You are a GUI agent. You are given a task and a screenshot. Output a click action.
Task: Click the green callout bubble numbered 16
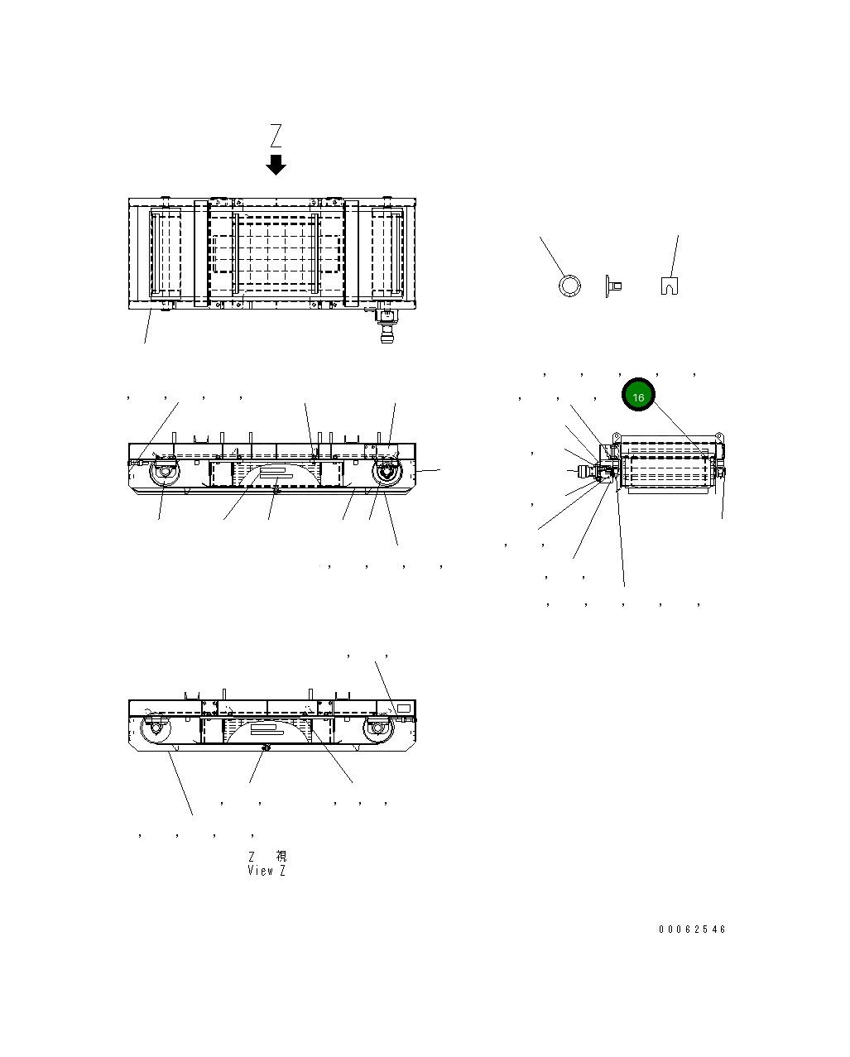coord(638,397)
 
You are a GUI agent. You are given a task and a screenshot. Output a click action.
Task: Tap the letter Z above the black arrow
coord(276,135)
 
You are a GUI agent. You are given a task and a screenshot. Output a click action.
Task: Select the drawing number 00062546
coord(692,930)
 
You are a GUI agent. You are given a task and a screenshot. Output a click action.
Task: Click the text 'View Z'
coord(267,871)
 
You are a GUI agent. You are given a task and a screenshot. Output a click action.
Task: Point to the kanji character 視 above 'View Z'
coord(281,857)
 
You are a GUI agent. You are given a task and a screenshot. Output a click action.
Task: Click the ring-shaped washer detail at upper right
coord(569,286)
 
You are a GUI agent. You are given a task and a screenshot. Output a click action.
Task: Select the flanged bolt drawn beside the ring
coord(613,286)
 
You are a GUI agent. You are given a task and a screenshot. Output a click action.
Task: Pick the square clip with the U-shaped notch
coord(670,286)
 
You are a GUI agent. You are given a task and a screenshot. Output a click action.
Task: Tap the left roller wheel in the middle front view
coord(163,474)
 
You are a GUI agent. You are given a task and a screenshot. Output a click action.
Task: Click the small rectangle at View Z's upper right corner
coord(404,709)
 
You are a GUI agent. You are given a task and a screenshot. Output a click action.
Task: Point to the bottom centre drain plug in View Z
coord(265,747)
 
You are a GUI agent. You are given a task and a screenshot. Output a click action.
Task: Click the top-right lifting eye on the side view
coord(718,435)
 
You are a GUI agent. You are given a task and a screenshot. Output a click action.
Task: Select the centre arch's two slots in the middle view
coord(276,473)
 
